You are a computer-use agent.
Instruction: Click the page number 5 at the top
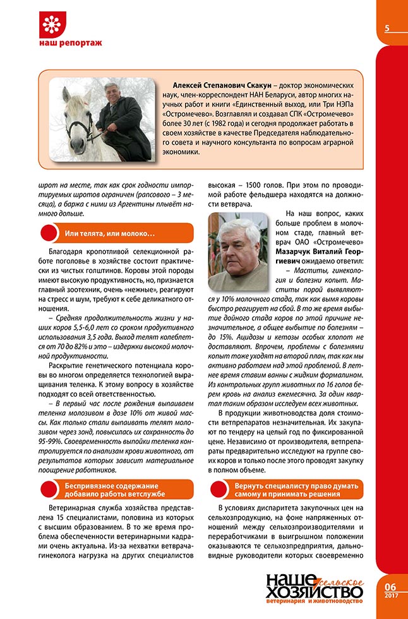pos(386,28)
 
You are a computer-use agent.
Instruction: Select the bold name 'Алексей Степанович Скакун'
pos(212,86)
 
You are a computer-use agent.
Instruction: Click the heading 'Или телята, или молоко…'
pos(111,234)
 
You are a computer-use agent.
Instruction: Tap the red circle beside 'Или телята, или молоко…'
pos(50,234)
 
